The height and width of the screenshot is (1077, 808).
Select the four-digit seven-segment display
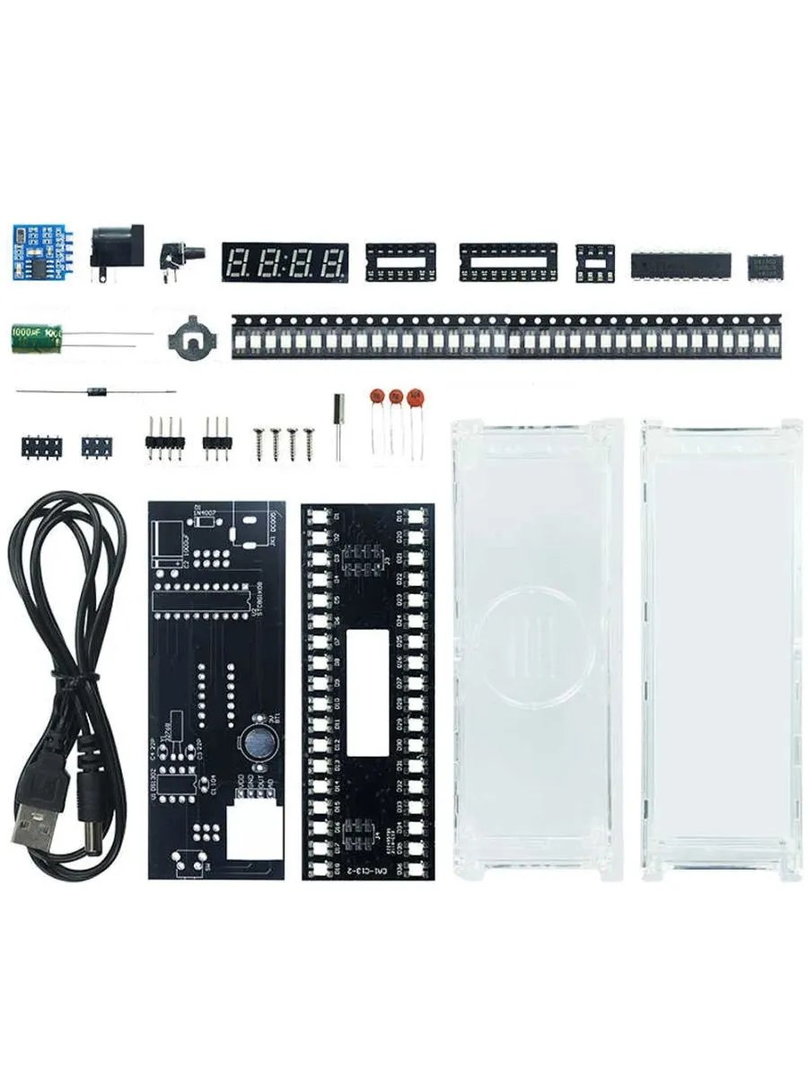pos(285,262)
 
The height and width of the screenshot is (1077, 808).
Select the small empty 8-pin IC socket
pos(594,262)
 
